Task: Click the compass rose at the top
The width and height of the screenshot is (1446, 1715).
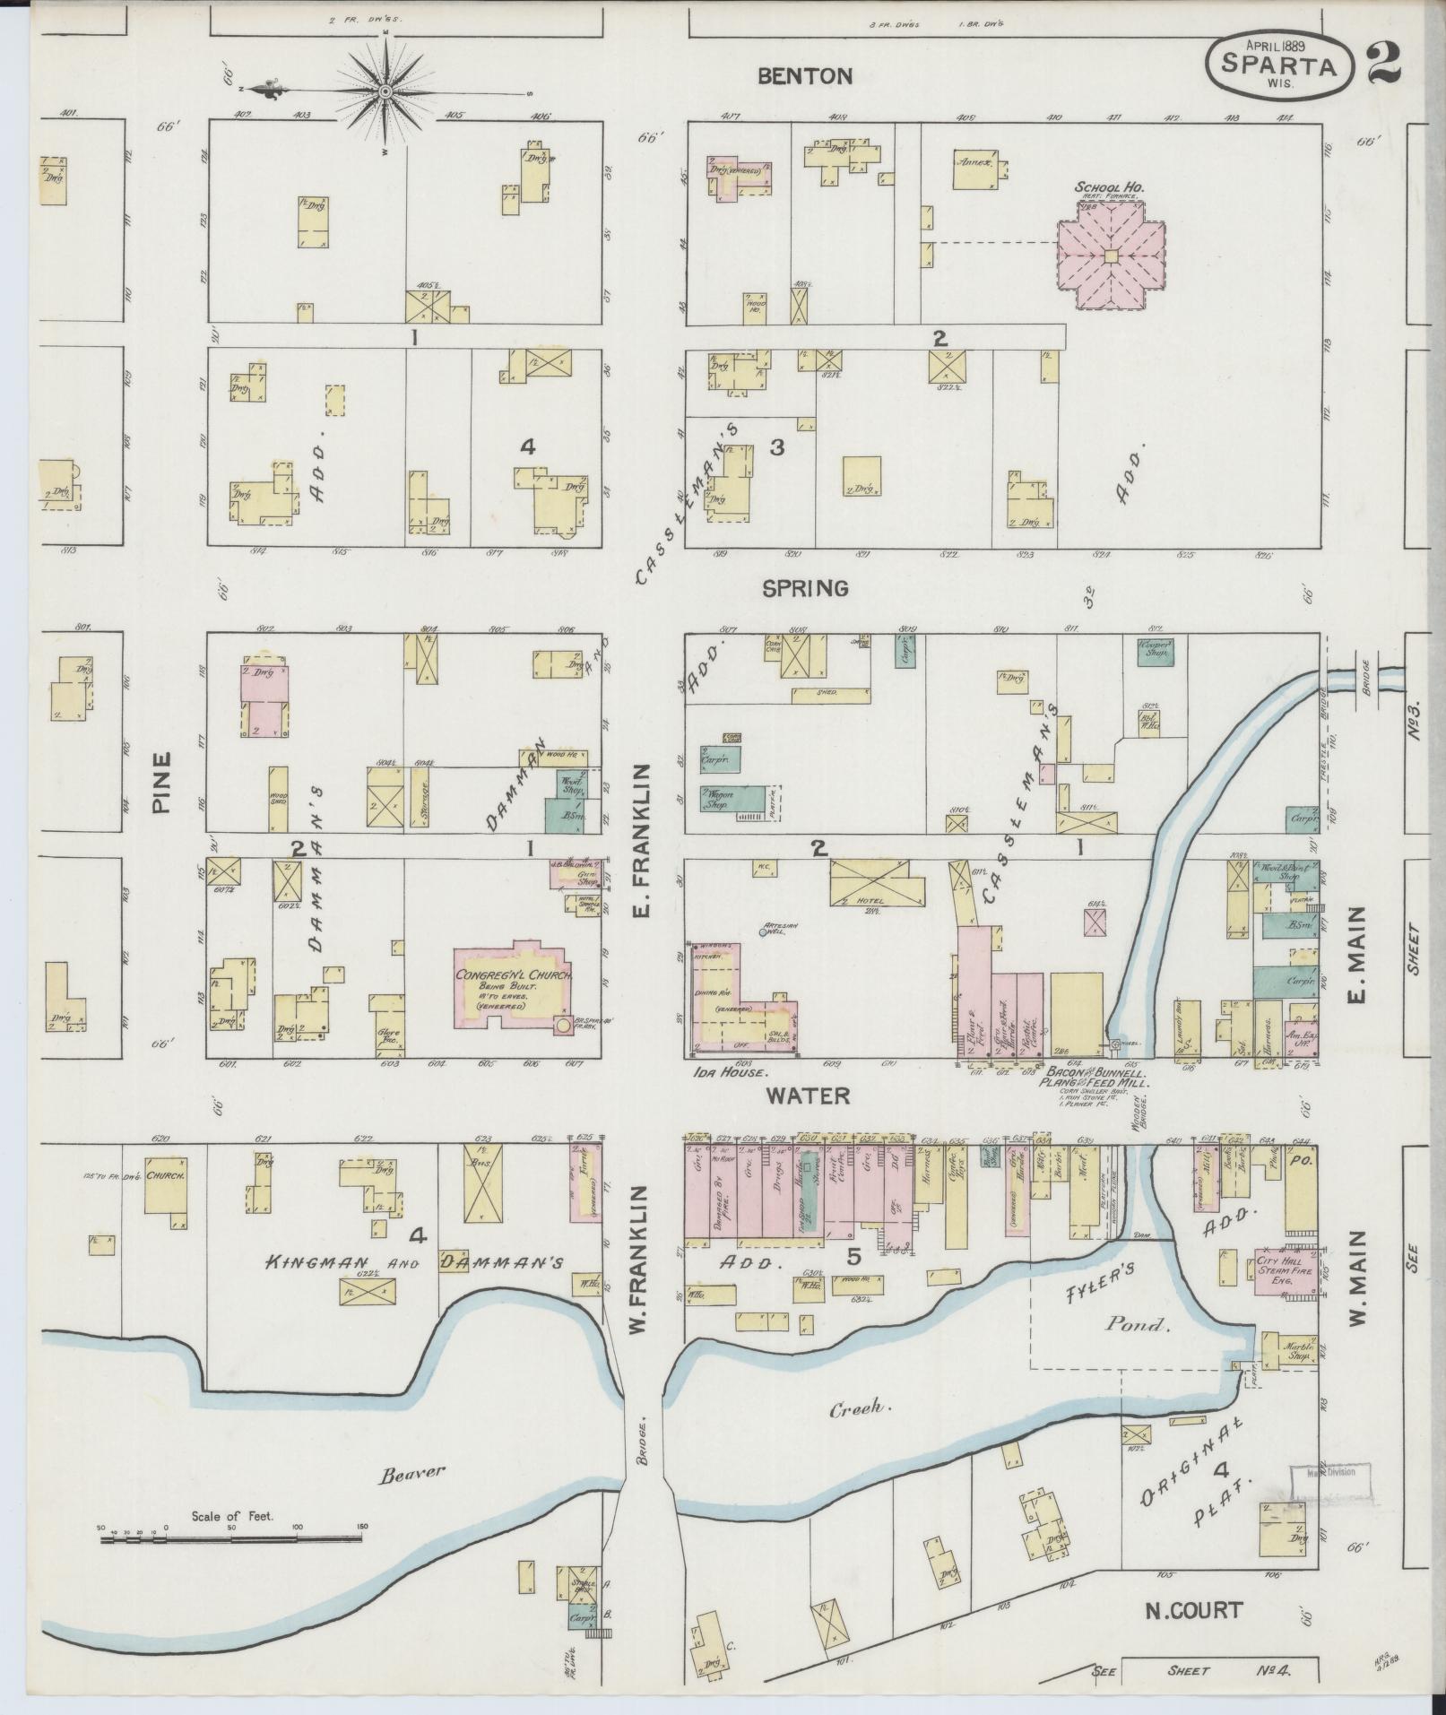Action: click(x=385, y=91)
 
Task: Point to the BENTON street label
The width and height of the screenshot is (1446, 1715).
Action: click(x=804, y=76)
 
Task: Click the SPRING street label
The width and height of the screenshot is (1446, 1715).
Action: click(x=805, y=588)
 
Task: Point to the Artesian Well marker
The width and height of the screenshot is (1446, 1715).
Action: click(x=762, y=933)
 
